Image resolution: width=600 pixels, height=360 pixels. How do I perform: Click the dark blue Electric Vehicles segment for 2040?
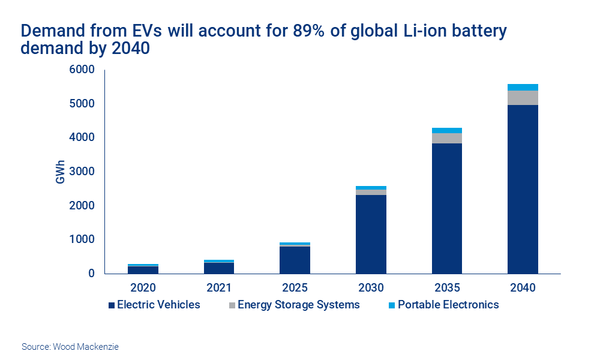coord(523,189)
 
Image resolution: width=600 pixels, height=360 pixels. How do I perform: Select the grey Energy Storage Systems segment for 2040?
coord(523,98)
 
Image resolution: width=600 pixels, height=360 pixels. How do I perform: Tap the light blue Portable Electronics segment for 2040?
coord(523,87)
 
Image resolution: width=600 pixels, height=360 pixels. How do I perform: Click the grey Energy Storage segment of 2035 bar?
coord(446,138)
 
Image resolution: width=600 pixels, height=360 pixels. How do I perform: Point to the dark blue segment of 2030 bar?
coord(371,234)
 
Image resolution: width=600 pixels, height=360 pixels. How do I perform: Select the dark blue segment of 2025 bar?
coord(295,260)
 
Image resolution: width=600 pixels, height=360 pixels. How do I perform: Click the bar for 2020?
coord(143,269)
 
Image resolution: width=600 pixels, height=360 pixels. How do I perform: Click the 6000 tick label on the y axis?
coord(83,70)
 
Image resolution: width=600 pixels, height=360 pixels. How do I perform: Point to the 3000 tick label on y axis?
coord(83,172)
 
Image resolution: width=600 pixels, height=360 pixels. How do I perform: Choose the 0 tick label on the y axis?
coord(91,274)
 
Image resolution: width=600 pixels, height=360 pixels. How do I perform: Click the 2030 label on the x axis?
coord(371,287)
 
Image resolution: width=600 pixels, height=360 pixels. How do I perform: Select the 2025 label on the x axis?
coord(295,287)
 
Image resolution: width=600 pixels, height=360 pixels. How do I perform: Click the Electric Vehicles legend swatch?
coord(111,305)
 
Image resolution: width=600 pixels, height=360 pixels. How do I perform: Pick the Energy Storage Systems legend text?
coord(298,305)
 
